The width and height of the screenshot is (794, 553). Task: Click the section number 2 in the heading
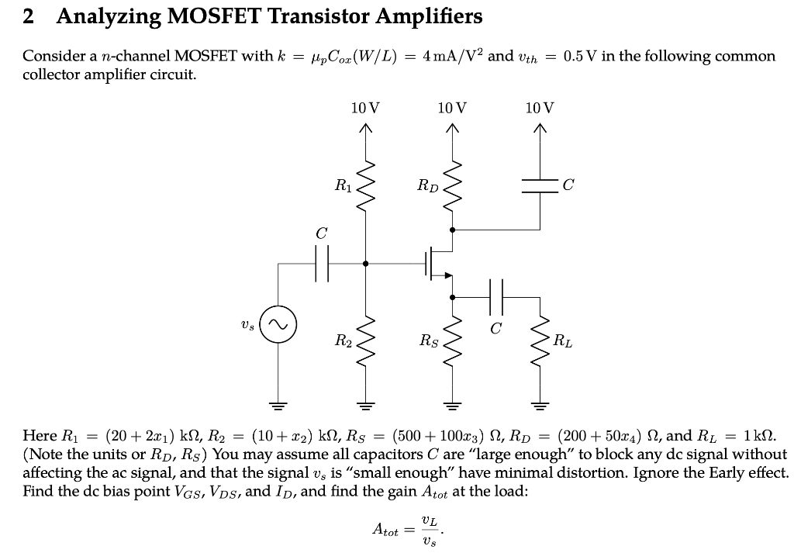[x=29, y=16]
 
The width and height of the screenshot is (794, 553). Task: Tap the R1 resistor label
[x=341, y=185]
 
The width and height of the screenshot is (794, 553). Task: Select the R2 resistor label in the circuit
[x=341, y=340]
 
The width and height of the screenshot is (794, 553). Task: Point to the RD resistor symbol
[x=452, y=186]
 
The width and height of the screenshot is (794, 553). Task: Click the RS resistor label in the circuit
[x=427, y=340]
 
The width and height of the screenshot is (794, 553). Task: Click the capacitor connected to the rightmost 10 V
[x=540, y=185]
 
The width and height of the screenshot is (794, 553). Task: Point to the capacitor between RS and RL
[x=496, y=296]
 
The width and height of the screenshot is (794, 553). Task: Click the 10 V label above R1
[x=365, y=107]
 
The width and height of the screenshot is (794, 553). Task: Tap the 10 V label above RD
[x=452, y=107]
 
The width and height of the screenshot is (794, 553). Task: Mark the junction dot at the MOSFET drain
[x=452, y=230]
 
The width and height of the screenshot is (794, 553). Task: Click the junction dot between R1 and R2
[x=365, y=263]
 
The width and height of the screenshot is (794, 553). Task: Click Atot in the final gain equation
[x=386, y=531]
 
